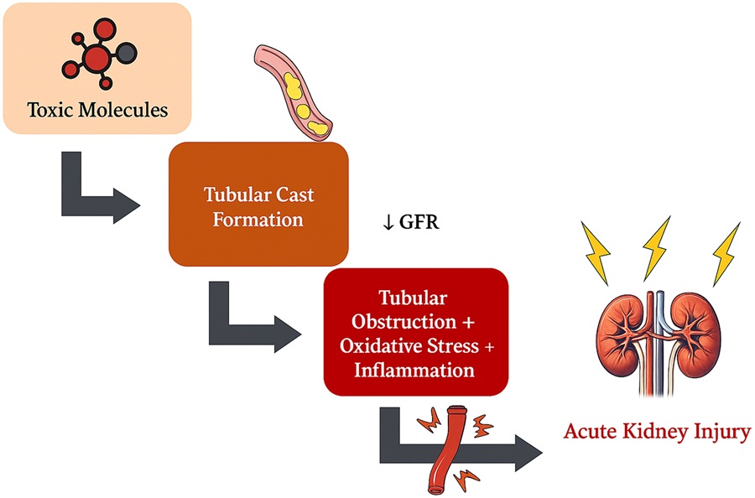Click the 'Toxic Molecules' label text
click(x=97, y=110)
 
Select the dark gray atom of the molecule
click(x=126, y=54)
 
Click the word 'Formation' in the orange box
click(x=258, y=220)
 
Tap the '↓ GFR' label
click(x=410, y=224)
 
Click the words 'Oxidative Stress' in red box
click(x=415, y=345)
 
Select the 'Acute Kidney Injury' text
click(x=657, y=432)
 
